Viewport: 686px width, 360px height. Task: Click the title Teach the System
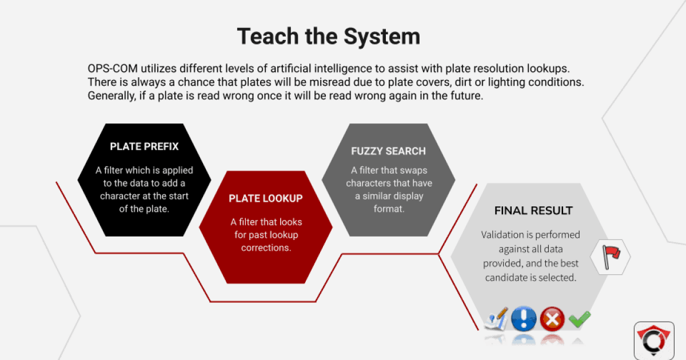click(329, 36)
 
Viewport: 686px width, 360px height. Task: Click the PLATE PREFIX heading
click(144, 146)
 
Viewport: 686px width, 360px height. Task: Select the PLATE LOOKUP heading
click(266, 198)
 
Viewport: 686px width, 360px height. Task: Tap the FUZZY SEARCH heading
click(388, 151)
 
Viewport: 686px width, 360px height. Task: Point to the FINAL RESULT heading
click(533, 211)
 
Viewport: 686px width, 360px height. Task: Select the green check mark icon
click(580, 319)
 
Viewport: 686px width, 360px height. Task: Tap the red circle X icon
click(552, 319)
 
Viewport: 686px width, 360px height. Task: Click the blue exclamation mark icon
click(524, 319)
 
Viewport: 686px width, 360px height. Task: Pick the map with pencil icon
click(496, 319)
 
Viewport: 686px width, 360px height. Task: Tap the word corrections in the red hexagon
click(266, 248)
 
